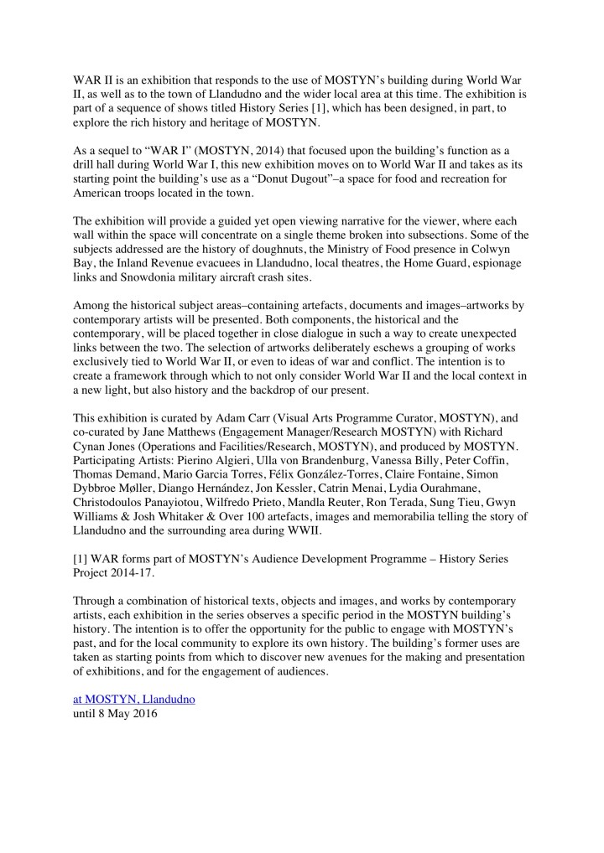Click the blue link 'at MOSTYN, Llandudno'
pyautogui.click(x=133, y=699)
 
